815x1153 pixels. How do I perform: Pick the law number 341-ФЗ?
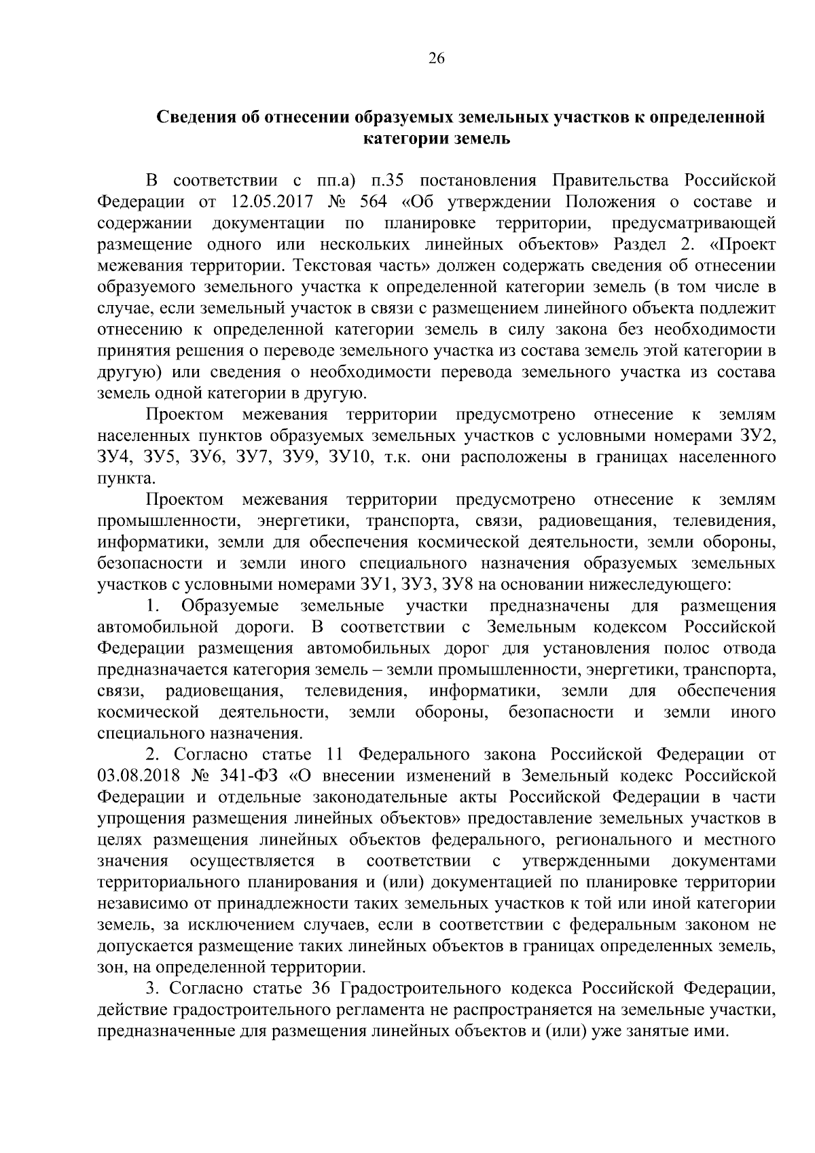pos(251,775)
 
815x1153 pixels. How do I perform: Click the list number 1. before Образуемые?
pos(153,605)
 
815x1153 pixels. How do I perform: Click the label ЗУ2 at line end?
pos(757,436)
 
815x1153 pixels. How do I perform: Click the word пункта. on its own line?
pos(120,478)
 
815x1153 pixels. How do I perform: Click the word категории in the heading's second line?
pos(400,139)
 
